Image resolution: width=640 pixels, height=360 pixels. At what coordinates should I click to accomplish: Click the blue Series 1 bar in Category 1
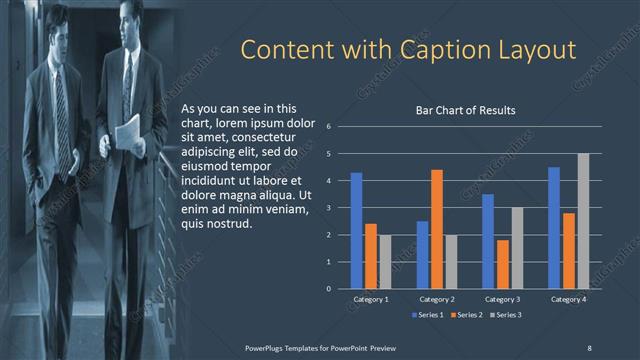tap(356, 231)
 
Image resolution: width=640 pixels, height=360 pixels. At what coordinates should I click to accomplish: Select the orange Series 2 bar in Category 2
tap(437, 229)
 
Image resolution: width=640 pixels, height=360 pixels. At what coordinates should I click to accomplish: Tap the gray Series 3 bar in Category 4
tap(583, 221)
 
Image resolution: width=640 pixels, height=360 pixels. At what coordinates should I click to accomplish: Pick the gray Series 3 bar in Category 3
tap(517, 248)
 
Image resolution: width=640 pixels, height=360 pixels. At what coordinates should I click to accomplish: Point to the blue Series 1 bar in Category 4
tap(554, 228)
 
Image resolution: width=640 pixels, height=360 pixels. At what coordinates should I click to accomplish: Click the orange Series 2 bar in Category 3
tap(503, 264)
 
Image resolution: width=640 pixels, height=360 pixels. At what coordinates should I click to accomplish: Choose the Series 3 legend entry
tap(506, 315)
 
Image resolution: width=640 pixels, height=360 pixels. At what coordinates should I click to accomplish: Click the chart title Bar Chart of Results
tap(465, 111)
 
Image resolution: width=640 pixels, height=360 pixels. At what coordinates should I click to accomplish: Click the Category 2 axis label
tap(437, 299)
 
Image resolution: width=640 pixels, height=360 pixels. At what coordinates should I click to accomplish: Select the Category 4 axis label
tap(568, 299)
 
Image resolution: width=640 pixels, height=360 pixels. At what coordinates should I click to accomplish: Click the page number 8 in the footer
tap(589, 347)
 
